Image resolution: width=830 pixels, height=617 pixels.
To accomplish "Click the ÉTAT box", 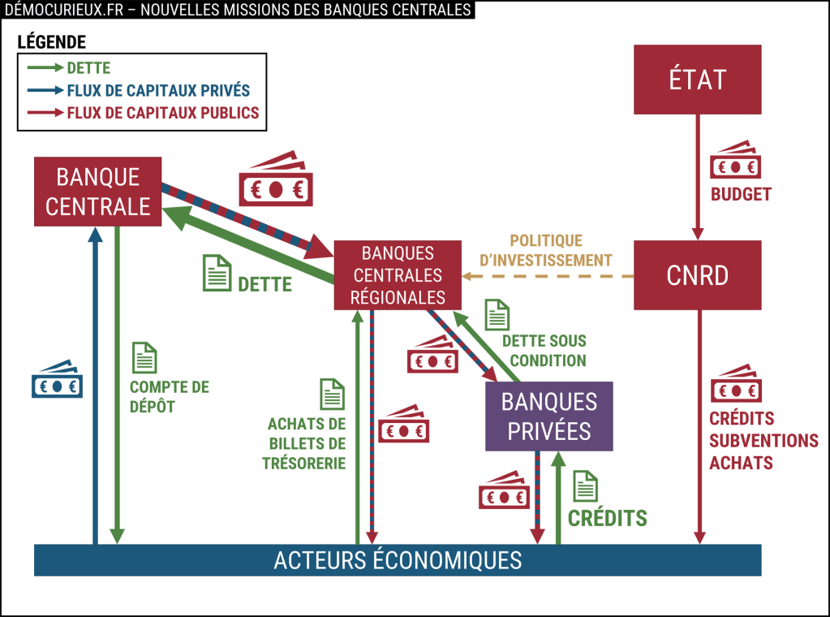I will coord(697,79).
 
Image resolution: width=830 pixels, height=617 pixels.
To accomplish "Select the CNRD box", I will coord(697,275).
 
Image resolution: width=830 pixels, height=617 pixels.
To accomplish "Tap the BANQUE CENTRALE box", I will coord(97,192).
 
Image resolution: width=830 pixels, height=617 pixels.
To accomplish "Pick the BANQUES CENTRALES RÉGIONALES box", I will coord(398,275).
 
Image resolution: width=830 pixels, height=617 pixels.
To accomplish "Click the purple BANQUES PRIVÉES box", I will coord(548,416).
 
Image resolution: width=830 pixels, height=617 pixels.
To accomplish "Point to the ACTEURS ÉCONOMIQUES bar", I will coord(398,559).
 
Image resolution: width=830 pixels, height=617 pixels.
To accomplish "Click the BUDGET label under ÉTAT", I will coord(741,195).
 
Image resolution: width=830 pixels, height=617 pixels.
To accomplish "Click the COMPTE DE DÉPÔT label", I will coord(170,396).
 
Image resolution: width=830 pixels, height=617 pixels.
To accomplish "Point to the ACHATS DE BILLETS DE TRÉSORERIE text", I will coord(307,443).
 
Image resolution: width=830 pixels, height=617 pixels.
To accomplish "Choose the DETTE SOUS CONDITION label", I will coord(543,350).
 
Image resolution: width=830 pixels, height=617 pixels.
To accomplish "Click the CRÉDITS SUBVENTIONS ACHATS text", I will coord(763,441).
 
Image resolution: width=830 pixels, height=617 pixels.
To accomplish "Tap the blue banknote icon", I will coord(57,380).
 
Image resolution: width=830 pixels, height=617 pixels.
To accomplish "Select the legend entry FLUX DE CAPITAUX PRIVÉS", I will coord(158,90).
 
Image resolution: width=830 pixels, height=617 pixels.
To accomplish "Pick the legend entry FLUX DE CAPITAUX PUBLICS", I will coord(163,113).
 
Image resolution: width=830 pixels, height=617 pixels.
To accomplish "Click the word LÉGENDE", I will coord(51,42).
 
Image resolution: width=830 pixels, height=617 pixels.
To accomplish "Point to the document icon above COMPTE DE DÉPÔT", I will coord(144,357).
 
